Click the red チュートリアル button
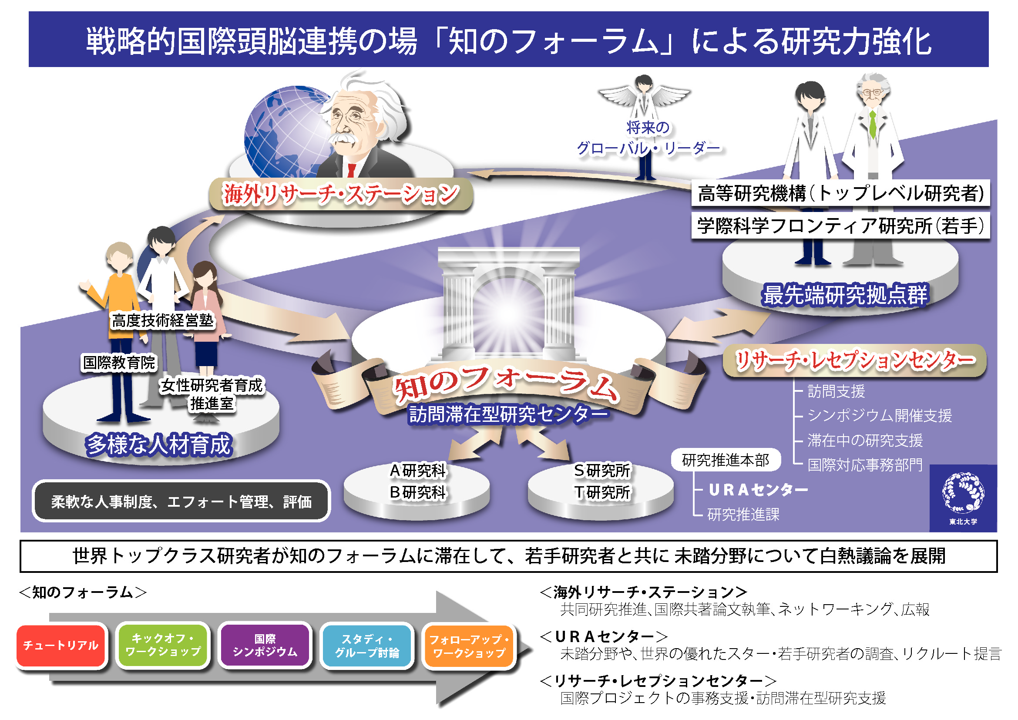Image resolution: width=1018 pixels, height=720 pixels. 61,645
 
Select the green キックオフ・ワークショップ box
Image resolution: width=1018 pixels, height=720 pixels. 163,645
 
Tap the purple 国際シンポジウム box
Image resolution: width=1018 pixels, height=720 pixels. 265,645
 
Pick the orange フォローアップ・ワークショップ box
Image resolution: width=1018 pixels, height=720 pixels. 469,646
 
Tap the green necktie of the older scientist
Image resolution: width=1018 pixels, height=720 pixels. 872,124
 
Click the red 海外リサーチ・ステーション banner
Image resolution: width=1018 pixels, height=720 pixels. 340,194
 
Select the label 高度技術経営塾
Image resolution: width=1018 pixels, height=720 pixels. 163,320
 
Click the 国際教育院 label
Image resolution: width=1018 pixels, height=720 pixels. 119,362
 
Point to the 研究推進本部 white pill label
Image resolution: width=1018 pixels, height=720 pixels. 726,460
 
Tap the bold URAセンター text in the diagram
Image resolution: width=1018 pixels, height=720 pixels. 758,490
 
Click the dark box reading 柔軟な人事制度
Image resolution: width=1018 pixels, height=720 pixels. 181,501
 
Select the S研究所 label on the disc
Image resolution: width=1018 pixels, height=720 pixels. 601,471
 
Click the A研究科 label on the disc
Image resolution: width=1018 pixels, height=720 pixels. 417,471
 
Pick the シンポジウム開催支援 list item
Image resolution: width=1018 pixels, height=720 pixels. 879,415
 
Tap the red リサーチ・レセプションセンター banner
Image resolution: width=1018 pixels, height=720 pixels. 854,360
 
